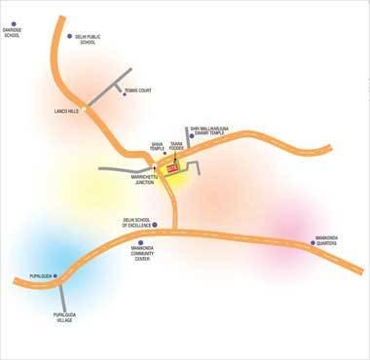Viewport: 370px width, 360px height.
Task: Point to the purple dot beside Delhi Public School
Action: pos(68,37)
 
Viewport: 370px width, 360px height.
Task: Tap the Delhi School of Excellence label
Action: pos(130,223)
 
